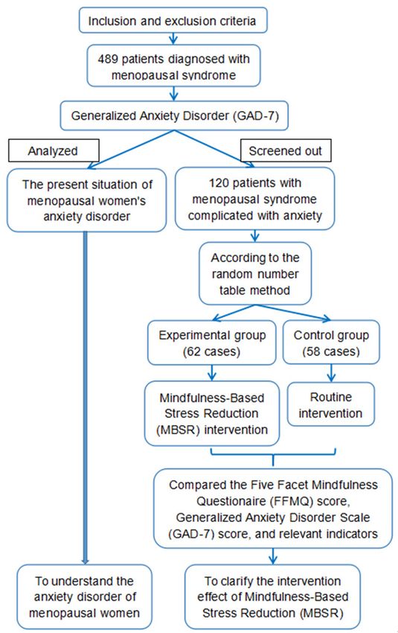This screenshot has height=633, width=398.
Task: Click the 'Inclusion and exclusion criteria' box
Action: coord(173,20)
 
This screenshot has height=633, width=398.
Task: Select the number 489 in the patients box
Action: coord(108,59)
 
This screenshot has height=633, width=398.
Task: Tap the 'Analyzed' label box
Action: coord(54,150)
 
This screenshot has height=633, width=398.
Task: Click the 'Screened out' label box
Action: coord(286,150)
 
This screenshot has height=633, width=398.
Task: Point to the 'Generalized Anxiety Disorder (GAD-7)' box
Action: coord(174,115)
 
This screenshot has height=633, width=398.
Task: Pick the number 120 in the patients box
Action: coord(219,183)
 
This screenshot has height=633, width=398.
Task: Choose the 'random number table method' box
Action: coord(255,274)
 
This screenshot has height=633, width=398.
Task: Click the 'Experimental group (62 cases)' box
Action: coord(212,343)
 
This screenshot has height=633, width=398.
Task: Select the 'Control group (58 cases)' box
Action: coord(331,343)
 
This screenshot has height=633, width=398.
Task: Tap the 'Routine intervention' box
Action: coord(330,404)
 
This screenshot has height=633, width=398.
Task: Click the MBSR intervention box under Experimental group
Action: coord(212,413)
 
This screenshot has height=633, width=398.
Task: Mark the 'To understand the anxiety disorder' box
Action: coord(84,597)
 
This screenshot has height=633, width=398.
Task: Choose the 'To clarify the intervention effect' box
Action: coord(272,597)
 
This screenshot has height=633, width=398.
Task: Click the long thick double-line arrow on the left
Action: coord(85,398)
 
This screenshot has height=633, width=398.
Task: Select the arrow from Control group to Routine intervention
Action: coord(331,373)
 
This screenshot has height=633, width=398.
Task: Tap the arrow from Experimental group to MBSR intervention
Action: coord(212,373)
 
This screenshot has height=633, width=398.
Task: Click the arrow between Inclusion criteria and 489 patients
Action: coord(173,39)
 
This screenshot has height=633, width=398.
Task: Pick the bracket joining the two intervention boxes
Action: coord(273,455)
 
